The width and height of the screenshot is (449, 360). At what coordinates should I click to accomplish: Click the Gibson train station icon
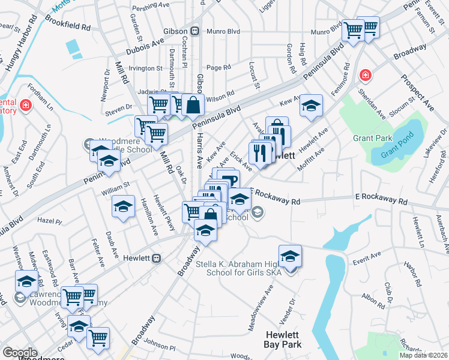point(194,31)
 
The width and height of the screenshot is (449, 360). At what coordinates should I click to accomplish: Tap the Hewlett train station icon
point(157,258)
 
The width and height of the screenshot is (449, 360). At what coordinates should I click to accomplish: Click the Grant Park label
point(372,138)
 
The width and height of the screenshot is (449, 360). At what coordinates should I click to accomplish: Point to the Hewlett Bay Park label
point(283,339)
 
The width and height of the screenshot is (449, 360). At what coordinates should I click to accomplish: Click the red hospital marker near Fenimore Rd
point(365,76)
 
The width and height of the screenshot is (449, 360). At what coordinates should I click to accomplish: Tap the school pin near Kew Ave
point(311,106)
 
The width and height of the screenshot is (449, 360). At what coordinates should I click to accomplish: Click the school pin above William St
point(123,207)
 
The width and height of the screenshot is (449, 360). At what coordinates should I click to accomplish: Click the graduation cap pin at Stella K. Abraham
point(290,256)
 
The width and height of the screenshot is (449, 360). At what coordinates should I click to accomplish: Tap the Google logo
point(20,353)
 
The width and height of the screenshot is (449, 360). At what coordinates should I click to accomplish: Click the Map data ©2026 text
point(423,355)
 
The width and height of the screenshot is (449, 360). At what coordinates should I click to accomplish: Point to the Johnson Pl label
point(160,347)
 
